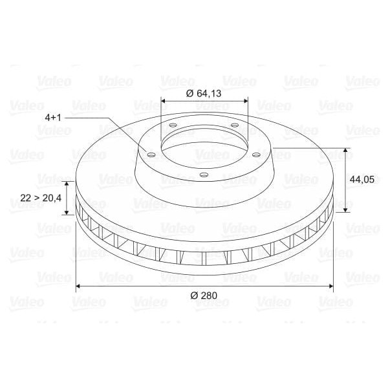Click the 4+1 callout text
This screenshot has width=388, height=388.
coord(52,118)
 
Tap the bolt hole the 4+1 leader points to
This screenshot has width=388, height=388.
coord(151,155)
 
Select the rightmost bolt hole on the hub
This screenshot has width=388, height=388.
coord(256,155)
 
